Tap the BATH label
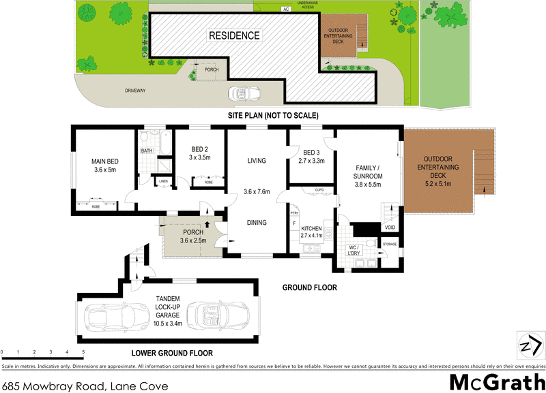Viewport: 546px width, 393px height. pos(147,151)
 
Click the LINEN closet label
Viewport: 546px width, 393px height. pos(164,181)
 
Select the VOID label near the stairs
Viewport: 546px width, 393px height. pos(390,227)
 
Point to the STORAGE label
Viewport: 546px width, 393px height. pos(390,243)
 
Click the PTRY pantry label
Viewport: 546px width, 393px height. pos(295,213)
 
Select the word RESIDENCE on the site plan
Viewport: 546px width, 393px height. pos(234,35)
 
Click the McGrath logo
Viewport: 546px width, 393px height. pos(494,381)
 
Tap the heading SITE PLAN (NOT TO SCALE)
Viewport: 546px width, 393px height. pos(273,116)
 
